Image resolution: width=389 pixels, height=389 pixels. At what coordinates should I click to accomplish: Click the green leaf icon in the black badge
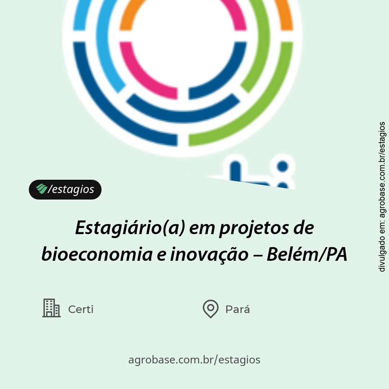point(41,189)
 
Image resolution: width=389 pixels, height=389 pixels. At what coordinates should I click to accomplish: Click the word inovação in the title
point(209,255)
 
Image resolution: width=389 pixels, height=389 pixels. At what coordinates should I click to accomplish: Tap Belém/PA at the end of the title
point(307,255)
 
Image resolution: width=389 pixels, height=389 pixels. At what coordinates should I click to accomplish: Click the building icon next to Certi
point(51,308)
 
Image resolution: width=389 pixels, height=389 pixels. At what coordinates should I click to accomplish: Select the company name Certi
point(81,309)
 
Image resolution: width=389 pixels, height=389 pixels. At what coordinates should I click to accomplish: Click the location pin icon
point(210,309)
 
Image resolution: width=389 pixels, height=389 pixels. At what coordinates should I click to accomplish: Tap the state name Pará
point(237,309)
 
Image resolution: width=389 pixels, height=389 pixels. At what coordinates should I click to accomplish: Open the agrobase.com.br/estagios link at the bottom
point(194,359)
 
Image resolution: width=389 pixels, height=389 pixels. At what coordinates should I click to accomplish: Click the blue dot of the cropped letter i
point(283,166)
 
